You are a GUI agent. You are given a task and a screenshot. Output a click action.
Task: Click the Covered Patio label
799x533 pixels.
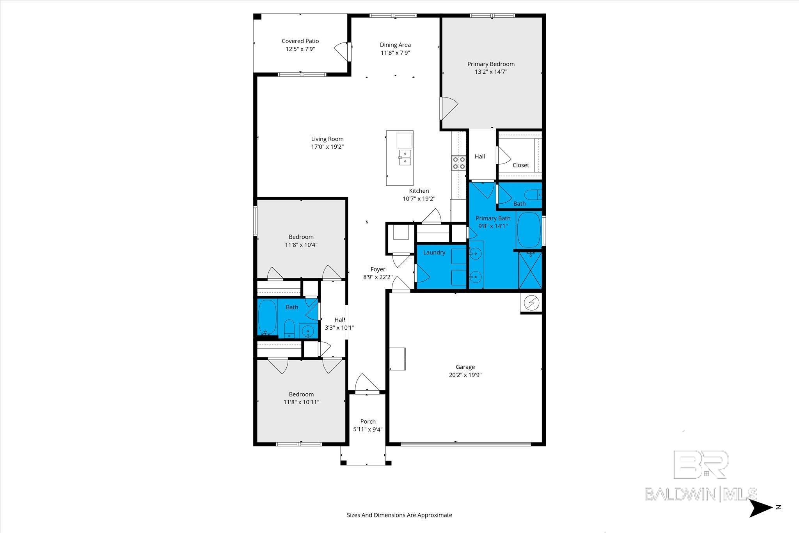(300, 41)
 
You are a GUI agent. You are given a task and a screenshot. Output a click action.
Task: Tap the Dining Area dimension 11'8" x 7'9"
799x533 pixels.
(395, 53)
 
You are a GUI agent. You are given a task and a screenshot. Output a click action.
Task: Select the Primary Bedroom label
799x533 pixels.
(491, 64)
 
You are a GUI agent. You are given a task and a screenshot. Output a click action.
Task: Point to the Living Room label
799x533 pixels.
(327, 139)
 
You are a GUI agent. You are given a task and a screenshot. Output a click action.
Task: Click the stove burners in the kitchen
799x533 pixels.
(459, 163)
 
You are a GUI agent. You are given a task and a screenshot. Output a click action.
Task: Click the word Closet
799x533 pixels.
(521, 165)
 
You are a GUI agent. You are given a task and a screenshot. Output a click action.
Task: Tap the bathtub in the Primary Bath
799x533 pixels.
(529, 230)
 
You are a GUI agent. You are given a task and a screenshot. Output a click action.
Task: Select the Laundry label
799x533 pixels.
(434, 252)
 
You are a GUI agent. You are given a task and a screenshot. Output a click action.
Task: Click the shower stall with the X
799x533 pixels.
(530, 270)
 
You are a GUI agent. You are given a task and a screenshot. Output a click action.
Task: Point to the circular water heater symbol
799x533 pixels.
(531, 303)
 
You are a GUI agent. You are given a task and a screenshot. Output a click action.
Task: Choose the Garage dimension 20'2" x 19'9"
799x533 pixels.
(465, 375)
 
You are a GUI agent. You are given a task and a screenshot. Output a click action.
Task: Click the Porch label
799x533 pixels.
(368, 421)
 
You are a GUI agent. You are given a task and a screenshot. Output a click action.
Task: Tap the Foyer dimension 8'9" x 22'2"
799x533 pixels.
(378, 277)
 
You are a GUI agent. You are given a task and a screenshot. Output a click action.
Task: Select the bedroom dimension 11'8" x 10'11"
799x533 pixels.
(301, 402)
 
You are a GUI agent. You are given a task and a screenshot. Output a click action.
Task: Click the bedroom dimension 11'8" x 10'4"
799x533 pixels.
(301, 245)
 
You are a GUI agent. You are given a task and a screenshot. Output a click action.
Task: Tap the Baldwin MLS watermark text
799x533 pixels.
(701, 494)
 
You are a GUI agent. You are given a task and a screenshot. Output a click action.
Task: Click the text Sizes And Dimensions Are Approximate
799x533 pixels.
(399, 515)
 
